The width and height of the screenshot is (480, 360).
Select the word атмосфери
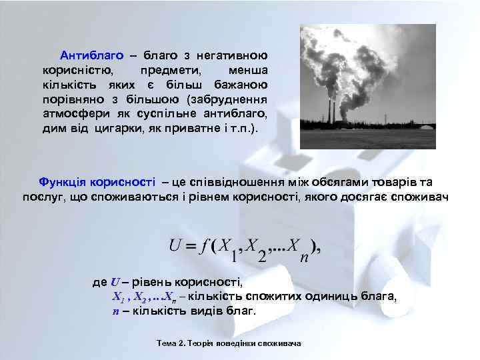[71, 113]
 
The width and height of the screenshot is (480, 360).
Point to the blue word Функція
[63, 182]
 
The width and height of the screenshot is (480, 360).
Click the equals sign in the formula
[191, 246]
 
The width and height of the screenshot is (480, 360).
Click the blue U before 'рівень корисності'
[115, 283]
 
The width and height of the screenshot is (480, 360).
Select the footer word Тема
[165, 343]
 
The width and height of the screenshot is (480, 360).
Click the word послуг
[41, 197]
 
